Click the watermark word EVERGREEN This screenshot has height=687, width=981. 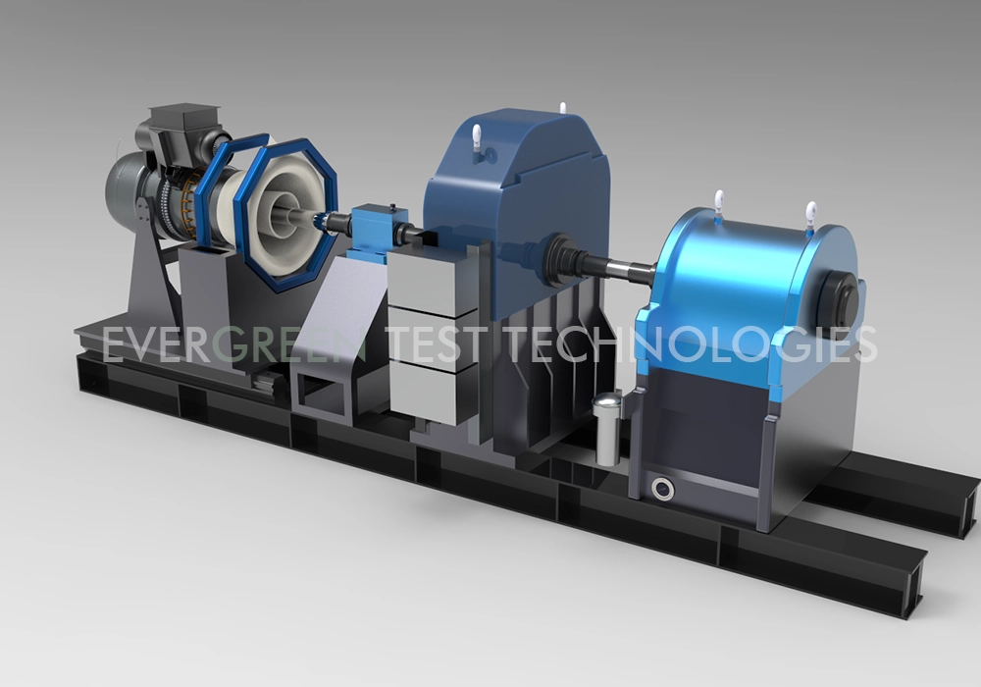(235, 345)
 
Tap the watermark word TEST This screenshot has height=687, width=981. (437, 345)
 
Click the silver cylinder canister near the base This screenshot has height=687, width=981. (608, 424)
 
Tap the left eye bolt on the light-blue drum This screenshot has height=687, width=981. (718, 203)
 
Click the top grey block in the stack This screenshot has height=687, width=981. (424, 277)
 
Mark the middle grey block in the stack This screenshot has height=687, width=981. (424, 336)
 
